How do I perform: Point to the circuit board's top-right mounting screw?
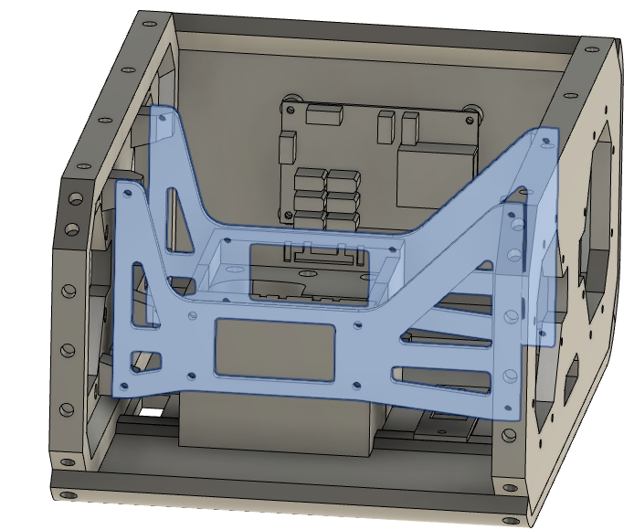click(x=471, y=110)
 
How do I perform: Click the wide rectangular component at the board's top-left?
click(x=322, y=114)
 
